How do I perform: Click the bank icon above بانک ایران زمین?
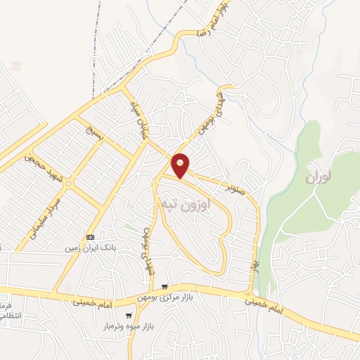click(x=90, y=237)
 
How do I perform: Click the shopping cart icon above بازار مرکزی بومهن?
click(x=164, y=286)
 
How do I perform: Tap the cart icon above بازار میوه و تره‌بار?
click(x=129, y=316)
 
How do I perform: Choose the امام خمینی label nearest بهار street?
click(x=265, y=304)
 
